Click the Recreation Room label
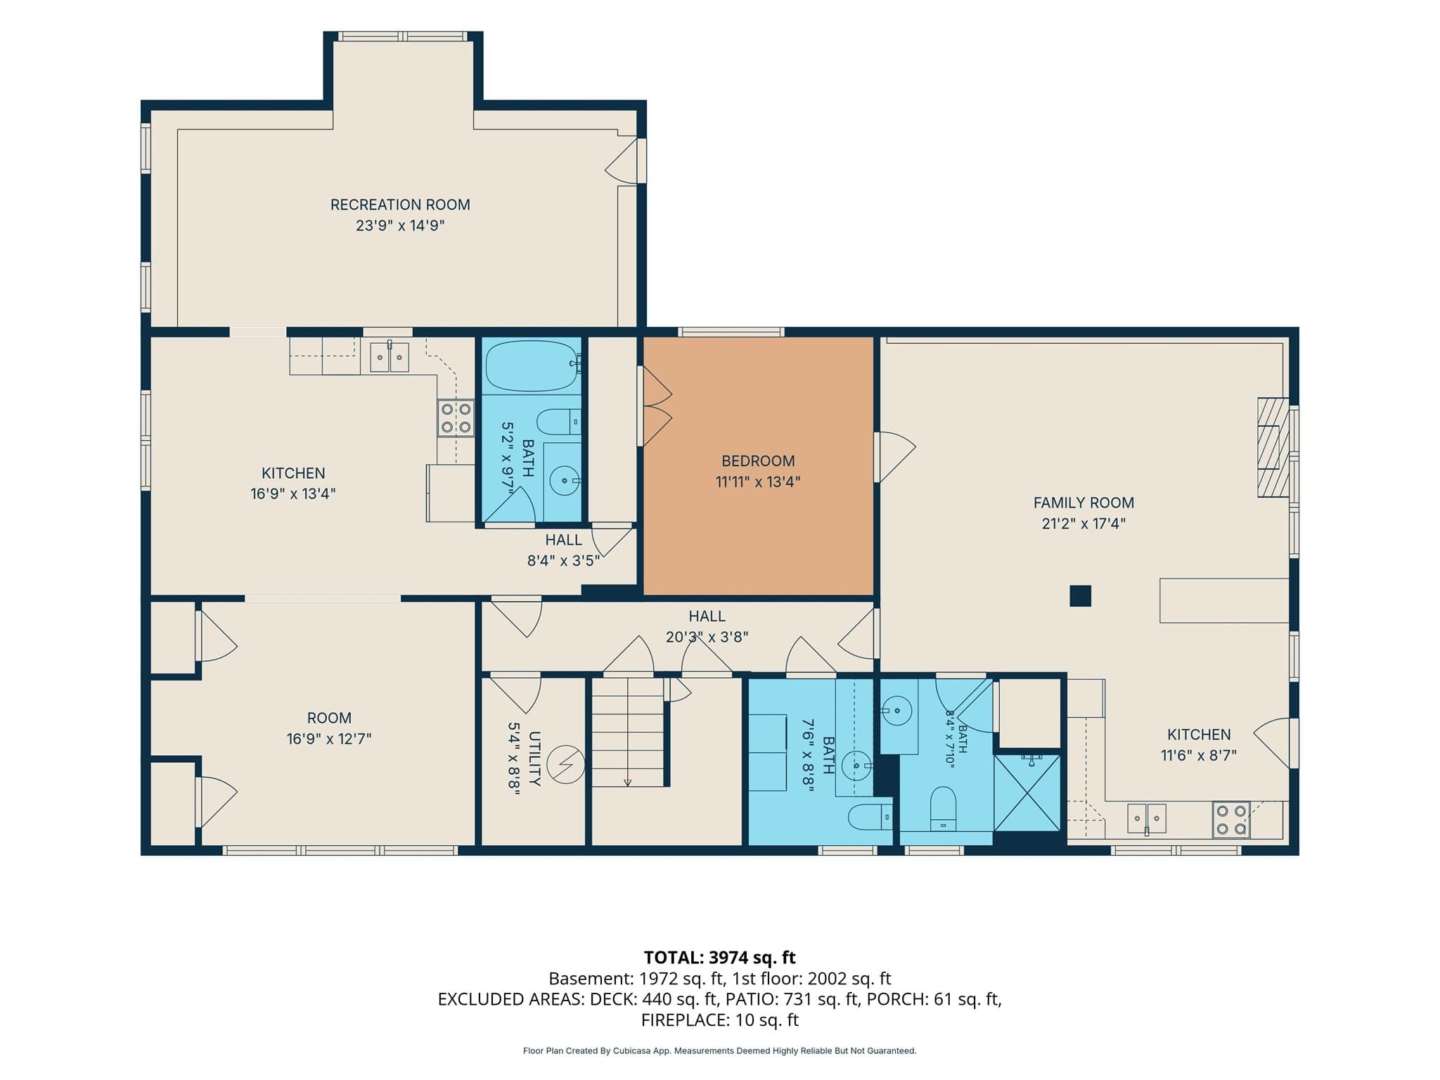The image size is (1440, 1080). tap(400, 205)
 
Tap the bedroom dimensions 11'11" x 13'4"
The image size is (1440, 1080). tap(758, 482)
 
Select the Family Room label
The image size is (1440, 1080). tap(1084, 503)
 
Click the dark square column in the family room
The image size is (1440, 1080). tap(1080, 596)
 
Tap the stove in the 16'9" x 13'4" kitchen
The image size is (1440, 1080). tap(456, 418)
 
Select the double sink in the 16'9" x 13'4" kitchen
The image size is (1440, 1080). tap(390, 357)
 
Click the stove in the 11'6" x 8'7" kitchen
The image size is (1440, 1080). tap(1231, 820)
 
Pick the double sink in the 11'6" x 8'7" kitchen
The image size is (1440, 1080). tap(1147, 818)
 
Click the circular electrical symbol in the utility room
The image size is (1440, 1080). tap(566, 764)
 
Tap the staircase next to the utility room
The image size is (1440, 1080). tap(628, 732)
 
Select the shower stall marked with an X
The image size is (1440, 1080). tap(1027, 792)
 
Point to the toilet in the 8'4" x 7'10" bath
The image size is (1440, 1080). tap(943, 809)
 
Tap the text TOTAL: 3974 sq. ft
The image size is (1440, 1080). tap(720, 957)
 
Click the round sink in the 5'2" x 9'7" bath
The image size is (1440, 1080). tap(564, 481)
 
